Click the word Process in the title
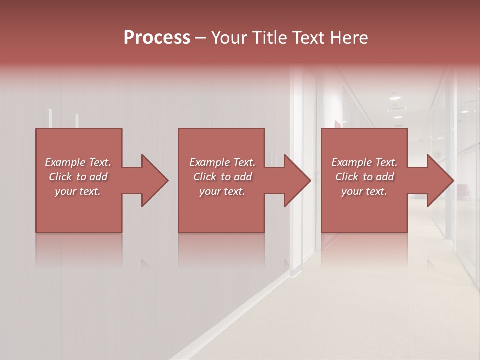coord(157,38)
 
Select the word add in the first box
coord(98,177)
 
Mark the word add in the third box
coord(385,177)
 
